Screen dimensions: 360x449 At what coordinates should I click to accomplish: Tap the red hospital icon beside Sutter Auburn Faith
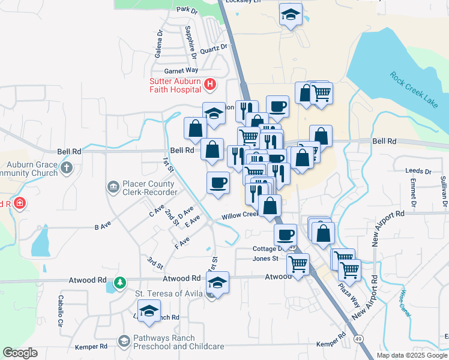(209, 85)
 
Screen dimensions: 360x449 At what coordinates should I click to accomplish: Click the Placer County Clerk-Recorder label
(150, 188)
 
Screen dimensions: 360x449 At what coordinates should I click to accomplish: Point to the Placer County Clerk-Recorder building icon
(112, 188)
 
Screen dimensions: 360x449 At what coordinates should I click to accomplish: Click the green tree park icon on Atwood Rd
(121, 281)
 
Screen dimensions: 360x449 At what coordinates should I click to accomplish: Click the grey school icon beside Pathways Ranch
(124, 341)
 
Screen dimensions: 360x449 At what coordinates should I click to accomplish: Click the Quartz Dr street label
(215, 47)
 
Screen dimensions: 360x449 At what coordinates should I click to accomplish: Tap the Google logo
(20, 353)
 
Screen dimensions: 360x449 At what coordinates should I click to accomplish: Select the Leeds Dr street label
(418, 171)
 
